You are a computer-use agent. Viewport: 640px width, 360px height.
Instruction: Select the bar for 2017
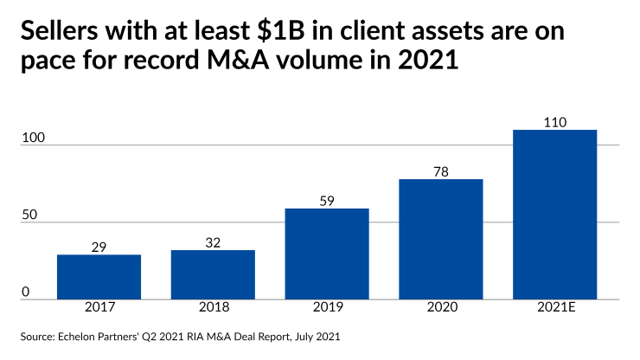pos(99,276)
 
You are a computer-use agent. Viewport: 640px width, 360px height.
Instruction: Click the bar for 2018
pos(213,274)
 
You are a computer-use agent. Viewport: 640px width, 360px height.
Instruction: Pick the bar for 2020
pos(441,239)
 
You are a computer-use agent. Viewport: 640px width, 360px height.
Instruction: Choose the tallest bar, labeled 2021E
pos(554,214)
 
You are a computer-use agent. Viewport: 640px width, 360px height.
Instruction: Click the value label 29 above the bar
pos(99,247)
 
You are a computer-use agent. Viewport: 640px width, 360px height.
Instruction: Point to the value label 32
pos(213,243)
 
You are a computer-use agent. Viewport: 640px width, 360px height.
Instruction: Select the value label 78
pos(441,172)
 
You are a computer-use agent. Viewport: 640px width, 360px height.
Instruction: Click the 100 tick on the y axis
pos(30,138)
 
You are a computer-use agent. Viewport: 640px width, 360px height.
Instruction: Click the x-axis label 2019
pos(327,308)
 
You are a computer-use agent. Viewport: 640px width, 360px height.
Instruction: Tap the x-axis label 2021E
pos(554,308)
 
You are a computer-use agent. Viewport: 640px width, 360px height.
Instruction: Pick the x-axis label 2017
pos(99,308)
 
